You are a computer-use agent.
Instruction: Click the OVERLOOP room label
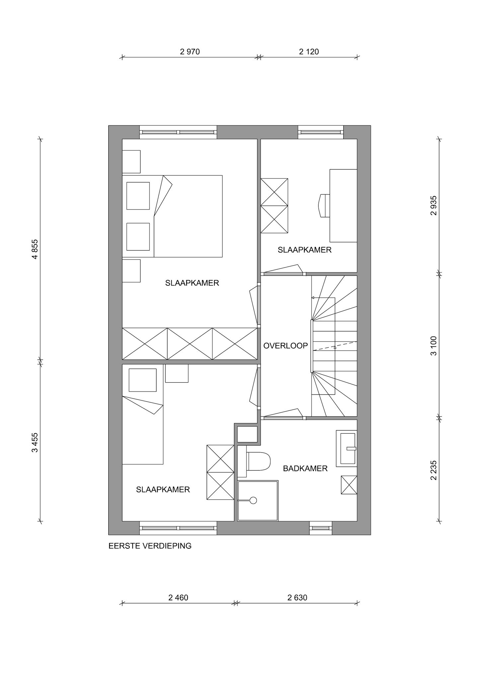click(x=285, y=346)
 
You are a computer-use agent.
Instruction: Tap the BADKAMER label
click(x=305, y=468)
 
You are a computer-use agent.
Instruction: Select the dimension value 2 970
click(x=190, y=52)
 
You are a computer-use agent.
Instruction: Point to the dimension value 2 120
click(x=309, y=52)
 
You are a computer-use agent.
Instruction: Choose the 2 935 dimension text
click(x=434, y=206)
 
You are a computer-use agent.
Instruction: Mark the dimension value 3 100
click(x=434, y=346)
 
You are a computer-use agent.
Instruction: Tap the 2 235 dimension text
click(x=434, y=470)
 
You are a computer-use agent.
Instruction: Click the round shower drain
click(x=253, y=500)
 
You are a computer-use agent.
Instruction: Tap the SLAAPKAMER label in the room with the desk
click(x=304, y=250)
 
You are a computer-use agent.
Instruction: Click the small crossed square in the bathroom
click(x=349, y=485)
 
